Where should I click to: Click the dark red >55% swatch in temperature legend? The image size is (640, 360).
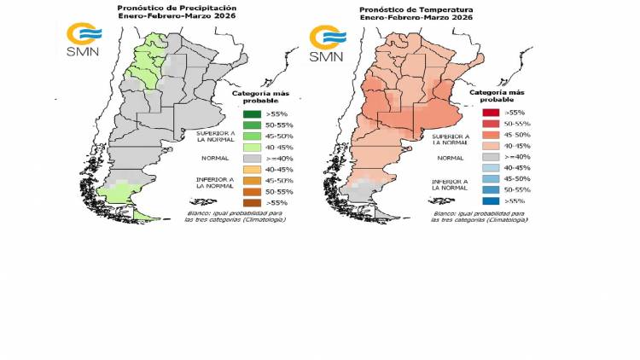point(490,113)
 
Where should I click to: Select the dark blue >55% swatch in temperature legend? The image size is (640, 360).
point(490,201)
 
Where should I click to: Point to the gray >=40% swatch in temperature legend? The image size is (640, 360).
point(490,157)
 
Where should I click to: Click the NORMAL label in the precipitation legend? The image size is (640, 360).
point(214,158)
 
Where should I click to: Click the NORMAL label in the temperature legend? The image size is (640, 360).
point(449,157)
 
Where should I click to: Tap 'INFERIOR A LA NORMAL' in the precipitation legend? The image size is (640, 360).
point(214,183)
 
